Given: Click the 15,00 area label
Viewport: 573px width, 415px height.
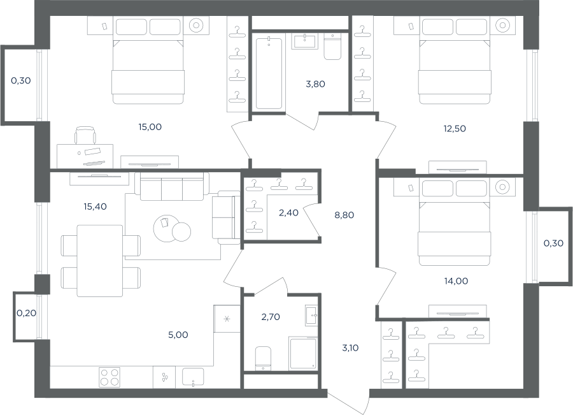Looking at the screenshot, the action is [150, 127].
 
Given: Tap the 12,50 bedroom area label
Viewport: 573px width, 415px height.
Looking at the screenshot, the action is [455, 129].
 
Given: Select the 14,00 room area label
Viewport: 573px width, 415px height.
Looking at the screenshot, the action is [456, 281].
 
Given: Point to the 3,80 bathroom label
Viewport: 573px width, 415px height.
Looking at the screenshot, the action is [315, 84].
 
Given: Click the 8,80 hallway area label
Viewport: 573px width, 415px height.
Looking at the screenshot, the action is [344, 215].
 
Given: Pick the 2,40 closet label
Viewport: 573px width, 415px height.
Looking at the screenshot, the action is [288, 213].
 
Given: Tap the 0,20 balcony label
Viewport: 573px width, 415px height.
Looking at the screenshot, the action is [26, 313].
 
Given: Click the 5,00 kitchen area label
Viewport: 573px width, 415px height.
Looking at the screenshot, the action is [178, 335].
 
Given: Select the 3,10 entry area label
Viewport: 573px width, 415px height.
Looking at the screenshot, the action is [350, 347].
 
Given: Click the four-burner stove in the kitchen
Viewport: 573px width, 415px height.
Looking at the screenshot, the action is [110, 377].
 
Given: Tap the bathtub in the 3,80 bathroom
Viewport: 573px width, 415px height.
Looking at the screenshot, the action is [269, 73].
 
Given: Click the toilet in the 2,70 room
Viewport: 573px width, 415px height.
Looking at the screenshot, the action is [263, 358].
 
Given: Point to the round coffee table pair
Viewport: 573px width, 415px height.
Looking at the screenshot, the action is [172, 229].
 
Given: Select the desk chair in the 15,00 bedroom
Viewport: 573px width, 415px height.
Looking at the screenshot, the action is [85, 135].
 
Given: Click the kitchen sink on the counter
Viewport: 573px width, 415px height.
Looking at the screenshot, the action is [193, 377].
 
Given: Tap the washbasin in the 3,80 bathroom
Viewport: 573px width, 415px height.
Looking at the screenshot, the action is [304, 41].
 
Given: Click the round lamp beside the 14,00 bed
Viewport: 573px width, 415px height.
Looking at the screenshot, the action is [502, 187].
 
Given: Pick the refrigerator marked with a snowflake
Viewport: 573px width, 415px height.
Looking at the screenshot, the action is [227, 319].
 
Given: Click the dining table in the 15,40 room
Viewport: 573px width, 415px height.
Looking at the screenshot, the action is [100, 261].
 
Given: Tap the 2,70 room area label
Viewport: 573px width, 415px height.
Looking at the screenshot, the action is [271, 317].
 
